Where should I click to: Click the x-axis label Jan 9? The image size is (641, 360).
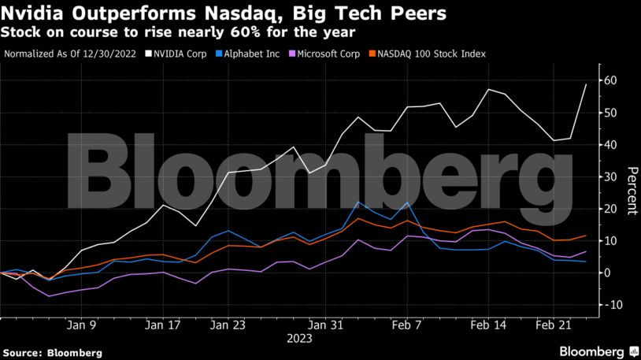pyautogui.click(x=82, y=325)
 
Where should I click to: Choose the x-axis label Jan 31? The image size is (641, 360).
pyautogui.click(x=326, y=325)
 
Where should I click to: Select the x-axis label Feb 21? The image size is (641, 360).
pyautogui.click(x=553, y=325)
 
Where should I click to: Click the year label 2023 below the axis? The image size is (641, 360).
pyautogui.click(x=299, y=339)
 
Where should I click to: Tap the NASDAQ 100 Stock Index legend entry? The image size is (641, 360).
pyautogui.click(x=432, y=54)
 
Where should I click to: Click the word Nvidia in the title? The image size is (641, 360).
pyautogui.click(x=31, y=13)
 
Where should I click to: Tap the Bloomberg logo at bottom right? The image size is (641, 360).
pyautogui.click(x=598, y=350)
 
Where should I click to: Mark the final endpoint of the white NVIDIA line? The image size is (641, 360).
pyautogui.click(x=586, y=84)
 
